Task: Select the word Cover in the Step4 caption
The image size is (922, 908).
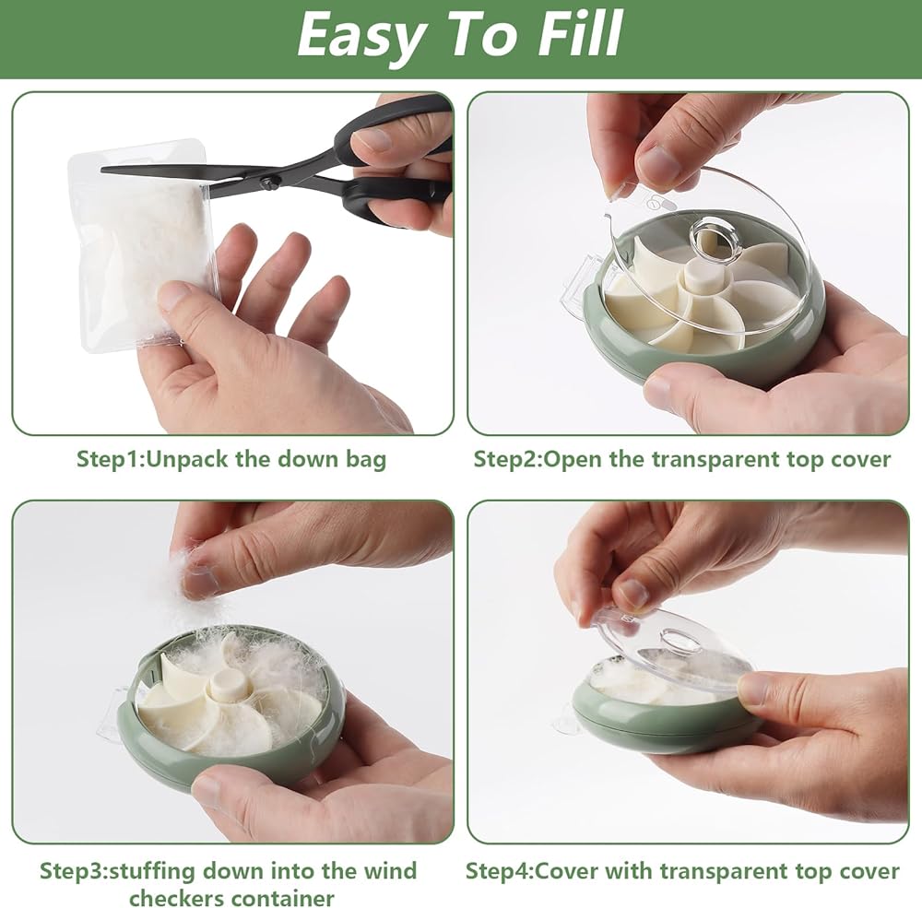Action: (x=566, y=871)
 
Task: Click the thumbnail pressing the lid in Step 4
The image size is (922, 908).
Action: (x=632, y=594)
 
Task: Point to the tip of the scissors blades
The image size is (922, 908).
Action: (x=102, y=170)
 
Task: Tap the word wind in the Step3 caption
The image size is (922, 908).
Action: (x=390, y=871)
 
